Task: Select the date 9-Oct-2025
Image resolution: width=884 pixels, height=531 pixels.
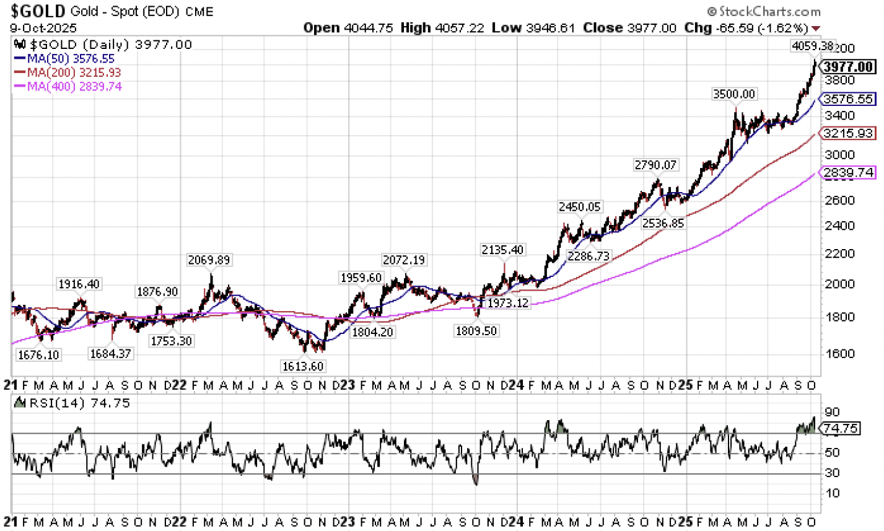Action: pyautogui.click(x=43, y=29)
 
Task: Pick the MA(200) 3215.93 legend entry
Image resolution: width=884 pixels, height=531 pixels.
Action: pyautogui.click(x=69, y=72)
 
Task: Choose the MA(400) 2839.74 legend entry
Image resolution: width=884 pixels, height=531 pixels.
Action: pyautogui.click(x=69, y=87)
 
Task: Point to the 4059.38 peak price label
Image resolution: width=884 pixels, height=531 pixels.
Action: pyautogui.click(x=813, y=46)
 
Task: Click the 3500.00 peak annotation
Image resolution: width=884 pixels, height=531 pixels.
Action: pyautogui.click(x=734, y=94)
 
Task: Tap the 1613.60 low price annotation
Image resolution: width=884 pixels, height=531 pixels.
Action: pyautogui.click(x=303, y=366)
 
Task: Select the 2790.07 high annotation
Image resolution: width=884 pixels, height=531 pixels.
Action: pyautogui.click(x=656, y=165)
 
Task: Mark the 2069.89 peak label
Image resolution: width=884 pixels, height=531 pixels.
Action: pyautogui.click(x=209, y=260)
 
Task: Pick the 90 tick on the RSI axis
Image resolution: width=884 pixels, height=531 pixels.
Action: pyautogui.click(x=833, y=412)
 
